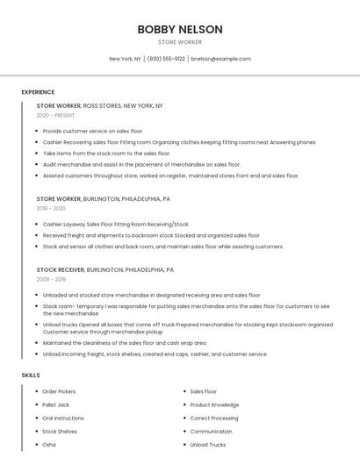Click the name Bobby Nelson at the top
[x=179, y=29]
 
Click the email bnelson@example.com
[x=220, y=59]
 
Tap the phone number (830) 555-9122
[x=166, y=59]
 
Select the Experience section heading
[x=38, y=92]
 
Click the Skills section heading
[x=31, y=375]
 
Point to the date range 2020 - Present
[x=55, y=115]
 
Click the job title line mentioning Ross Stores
[x=99, y=105]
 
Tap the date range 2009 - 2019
[x=51, y=280]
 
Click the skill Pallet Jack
[x=56, y=404]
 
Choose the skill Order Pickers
[x=59, y=391]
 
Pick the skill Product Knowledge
[x=214, y=404]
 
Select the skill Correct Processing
[x=214, y=418]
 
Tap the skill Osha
[x=49, y=445]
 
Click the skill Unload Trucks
[x=207, y=445]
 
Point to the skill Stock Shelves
[x=60, y=432]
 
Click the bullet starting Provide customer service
[x=92, y=131]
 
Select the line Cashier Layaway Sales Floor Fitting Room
[x=115, y=224]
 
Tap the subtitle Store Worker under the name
[x=179, y=42]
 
